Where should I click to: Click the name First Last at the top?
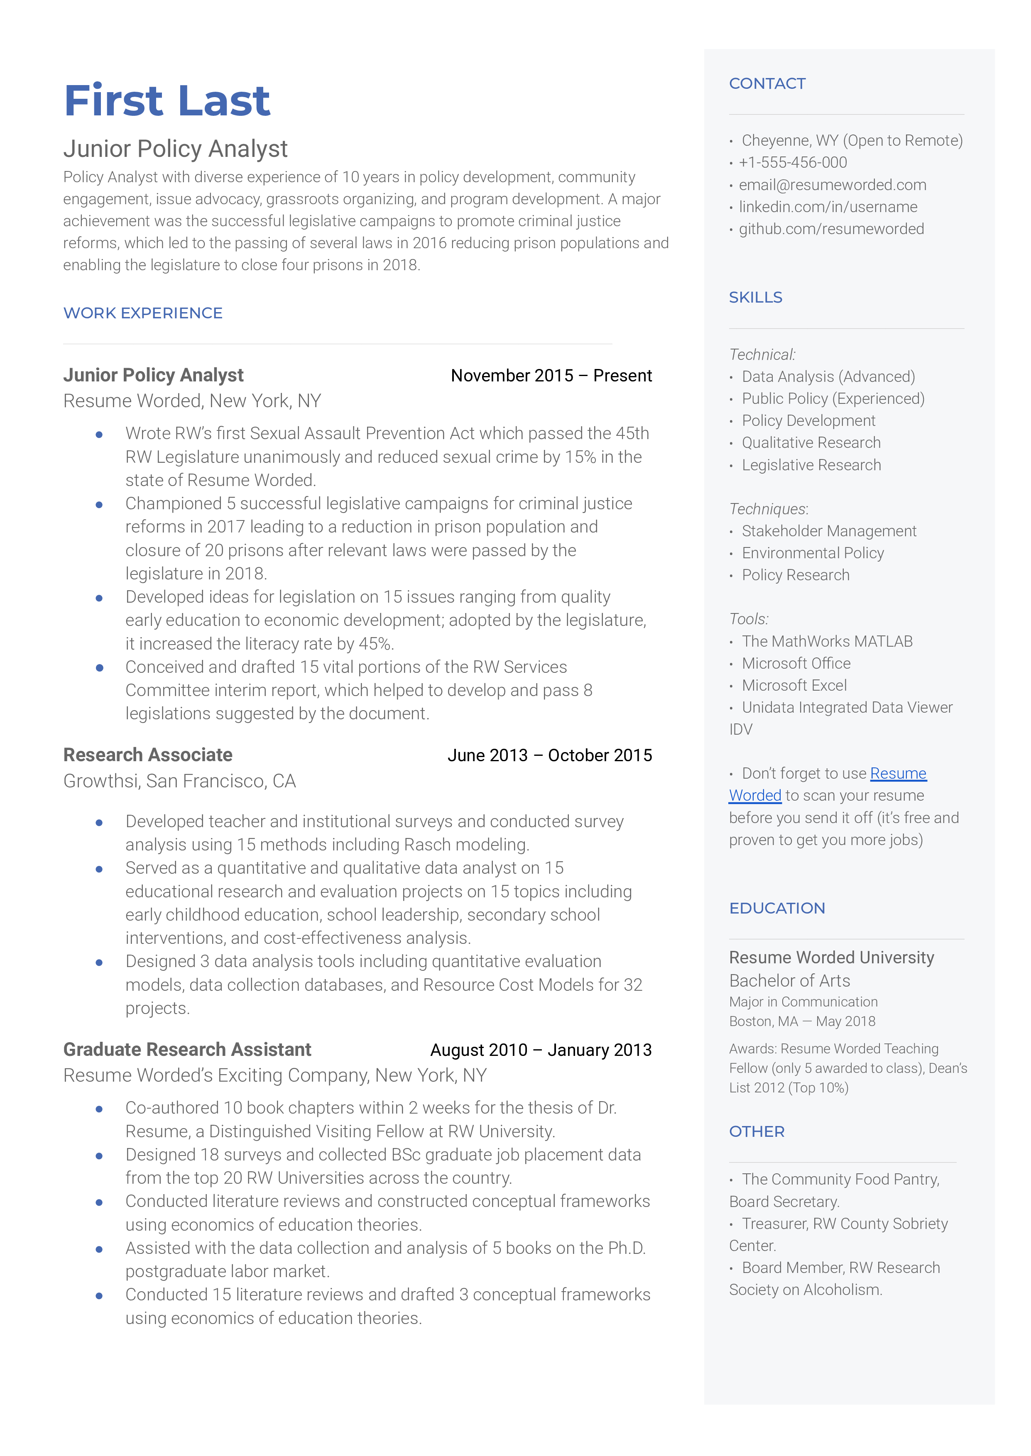click(167, 100)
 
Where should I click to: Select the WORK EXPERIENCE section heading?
click(143, 313)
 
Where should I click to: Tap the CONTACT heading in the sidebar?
click(767, 84)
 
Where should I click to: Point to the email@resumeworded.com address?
click(832, 185)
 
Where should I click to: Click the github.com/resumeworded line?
click(830, 229)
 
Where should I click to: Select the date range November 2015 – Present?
click(551, 376)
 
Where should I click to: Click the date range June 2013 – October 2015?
click(549, 755)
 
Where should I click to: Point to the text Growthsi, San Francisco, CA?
click(180, 781)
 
